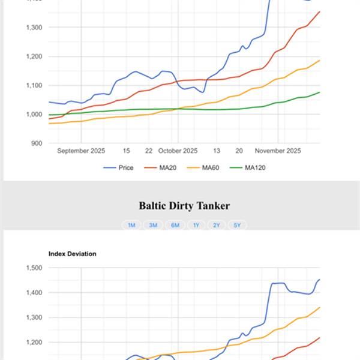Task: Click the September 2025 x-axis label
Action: (81, 151)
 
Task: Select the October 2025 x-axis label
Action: (178, 151)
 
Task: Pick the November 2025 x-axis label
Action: (277, 151)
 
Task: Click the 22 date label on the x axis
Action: (149, 151)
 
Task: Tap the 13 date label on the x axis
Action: (217, 151)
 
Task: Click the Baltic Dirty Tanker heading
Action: (184, 206)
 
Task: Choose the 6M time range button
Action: (175, 225)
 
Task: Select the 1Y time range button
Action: (196, 225)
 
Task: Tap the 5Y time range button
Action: (238, 225)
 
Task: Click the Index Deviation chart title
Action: (72, 254)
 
